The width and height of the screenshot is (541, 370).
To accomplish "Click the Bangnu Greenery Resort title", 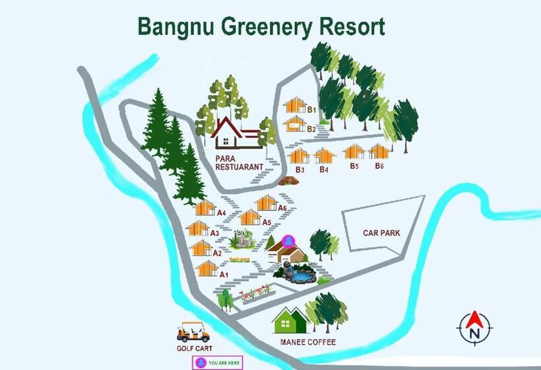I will (x=261, y=27).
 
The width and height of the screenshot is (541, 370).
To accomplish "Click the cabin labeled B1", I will (x=294, y=105).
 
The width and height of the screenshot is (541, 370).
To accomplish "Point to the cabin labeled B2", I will (x=294, y=124).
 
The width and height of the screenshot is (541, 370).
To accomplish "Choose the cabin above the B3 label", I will (x=299, y=156).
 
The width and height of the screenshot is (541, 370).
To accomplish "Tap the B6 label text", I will (x=379, y=165).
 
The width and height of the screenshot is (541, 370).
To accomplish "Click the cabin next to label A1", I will (x=207, y=268).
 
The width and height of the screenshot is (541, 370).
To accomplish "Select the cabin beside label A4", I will (x=205, y=208).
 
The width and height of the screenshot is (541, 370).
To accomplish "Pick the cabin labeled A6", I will (x=267, y=202).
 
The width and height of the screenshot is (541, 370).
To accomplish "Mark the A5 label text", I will (x=267, y=222).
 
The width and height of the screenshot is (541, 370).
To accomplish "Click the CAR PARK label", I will (x=381, y=233).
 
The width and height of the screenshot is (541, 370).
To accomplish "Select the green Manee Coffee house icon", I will (x=289, y=320).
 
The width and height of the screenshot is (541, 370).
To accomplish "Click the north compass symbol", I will (x=474, y=325).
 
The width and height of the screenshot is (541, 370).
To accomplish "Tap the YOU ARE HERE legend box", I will (x=217, y=362).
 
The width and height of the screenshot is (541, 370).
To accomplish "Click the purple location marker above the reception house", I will (x=288, y=240).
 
